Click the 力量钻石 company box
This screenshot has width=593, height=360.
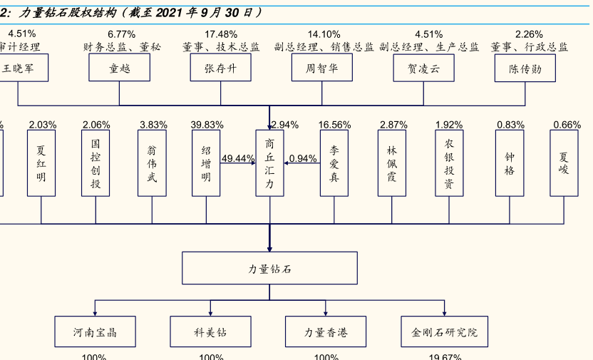pyautogui.click(x=269, y=268)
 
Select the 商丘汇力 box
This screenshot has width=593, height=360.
pyautogui.click(x=269, y=163)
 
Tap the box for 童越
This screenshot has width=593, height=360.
pyautogui.click(x=119, y=68)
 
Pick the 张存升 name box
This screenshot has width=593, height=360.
pyautogui.click(x=220, y=68)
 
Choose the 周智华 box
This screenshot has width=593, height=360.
pyautogui.click(x=321, y=68)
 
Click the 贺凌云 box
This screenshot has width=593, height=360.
pyautogui.click(x=423, y=68)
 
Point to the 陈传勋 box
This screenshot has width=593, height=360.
pyautogui.click(x=525, y=68)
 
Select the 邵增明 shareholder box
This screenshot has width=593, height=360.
pyautogui.click(x=206, y=163)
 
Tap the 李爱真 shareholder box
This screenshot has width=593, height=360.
pyautogui.click(x=334, y=163)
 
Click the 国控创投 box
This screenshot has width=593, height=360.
pyautogui.click(x=96, y=163)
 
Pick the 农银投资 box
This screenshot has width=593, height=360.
pyautogui.click(x=449, y=163)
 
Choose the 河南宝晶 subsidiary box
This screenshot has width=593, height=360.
pyautogui.click(x=95, y=331)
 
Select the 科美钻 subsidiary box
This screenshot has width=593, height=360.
pyautogui.click(x=211, y=331)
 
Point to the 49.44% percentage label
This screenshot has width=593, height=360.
pyautogui.click(x=238, y=158)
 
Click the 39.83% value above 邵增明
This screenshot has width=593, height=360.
pyautogui.click(x=207, y=125)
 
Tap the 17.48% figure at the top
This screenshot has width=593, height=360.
pyautogui.click(x=221, y=34)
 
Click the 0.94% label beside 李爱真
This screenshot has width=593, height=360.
pyautogui.click(x=303, y=158)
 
